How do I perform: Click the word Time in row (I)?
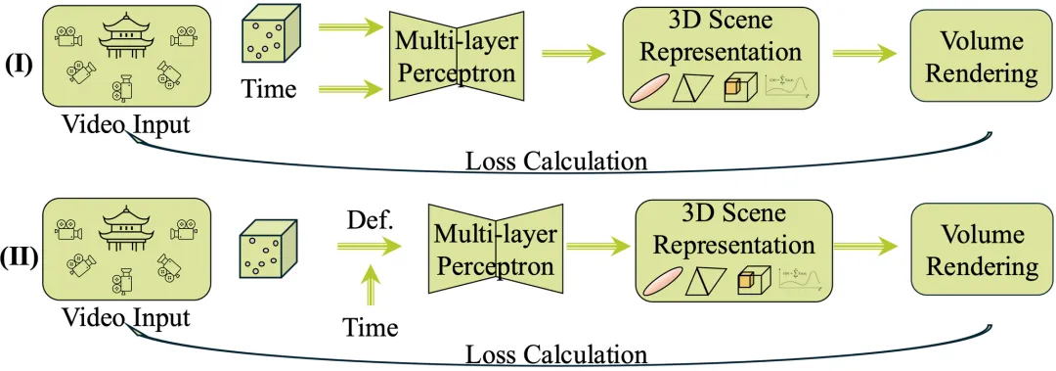pyautogui.click(x=268, y=89)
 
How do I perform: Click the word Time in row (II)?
pyautogui.click(x=371, y=327)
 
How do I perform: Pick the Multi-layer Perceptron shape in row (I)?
pyautogui.click(x=456, y=57)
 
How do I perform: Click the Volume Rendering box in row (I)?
pyautogui.click(x=973, y=58)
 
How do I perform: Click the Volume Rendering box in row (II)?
pyautogui.click(x=973, y=251)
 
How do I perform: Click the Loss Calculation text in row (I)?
pyautogui.click(x=557, y=160)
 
